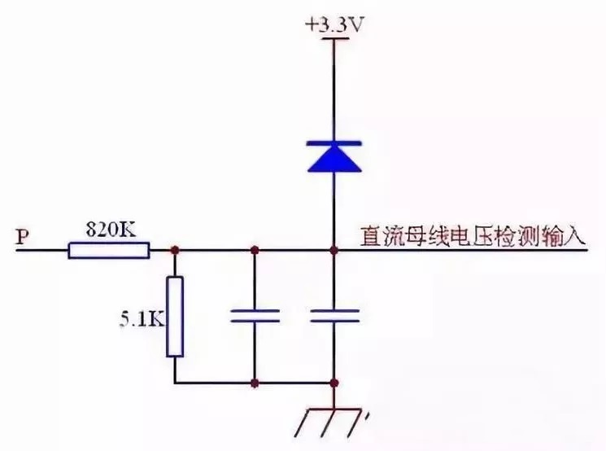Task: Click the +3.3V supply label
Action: (335, 25)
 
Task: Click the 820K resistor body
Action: (109, 250)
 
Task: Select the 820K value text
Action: (111, 230)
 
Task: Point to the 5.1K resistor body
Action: (175, 317)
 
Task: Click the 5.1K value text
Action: (142, 320)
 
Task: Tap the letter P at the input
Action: (23, 236)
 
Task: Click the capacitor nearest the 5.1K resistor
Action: (255, 316)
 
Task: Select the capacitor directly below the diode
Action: (334, 316)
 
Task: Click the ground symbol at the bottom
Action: (333, 422)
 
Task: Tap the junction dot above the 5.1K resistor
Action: (175, 250)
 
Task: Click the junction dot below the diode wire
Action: (334, 250)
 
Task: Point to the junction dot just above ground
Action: (334, 383)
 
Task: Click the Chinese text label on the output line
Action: (473, 237)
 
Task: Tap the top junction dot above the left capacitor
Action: (255, 250)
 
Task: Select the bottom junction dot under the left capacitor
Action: (255, 383)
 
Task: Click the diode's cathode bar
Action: (334, 143)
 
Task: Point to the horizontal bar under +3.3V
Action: (334, 38)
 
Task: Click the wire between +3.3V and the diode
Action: (334, 90)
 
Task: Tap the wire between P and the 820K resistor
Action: (42, 251)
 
